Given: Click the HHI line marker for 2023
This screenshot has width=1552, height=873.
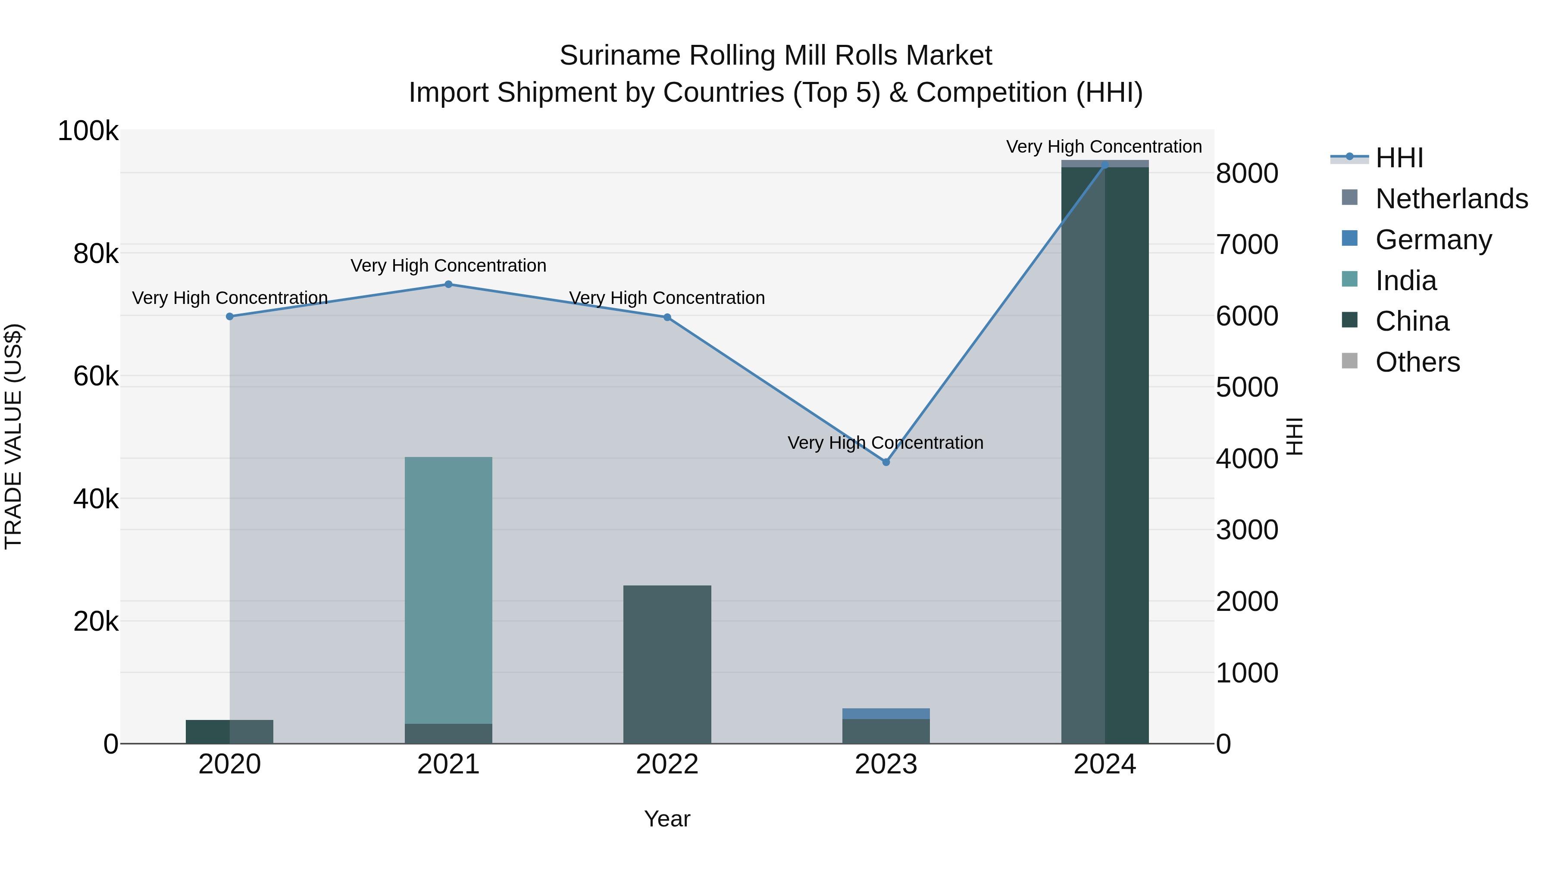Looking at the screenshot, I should click(x=886, y=462).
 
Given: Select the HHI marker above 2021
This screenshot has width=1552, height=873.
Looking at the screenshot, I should click(x=448, y=285).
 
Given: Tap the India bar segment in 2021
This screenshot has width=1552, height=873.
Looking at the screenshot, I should click(x=448, y=591).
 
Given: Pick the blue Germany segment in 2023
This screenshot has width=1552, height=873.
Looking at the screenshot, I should click(x=886, y=713).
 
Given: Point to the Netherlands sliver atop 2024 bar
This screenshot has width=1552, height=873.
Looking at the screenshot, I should click(x=1105, y=163).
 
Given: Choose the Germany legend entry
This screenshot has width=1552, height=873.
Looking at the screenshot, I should click(x=1433, y=240).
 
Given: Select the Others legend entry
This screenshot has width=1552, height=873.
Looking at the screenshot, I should click(x=1417, y=362).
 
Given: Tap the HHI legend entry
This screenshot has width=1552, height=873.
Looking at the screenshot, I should click(x=1399, y=158).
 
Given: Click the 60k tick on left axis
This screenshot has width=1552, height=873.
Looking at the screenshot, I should click(x=96, y=376).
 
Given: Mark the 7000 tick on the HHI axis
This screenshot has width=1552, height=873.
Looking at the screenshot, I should click(x=1246, y=244).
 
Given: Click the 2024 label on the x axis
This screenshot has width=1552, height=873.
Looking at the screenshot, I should click(x=1105, y=764).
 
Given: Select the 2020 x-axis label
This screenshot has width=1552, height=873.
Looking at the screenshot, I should click(x=229, y=764).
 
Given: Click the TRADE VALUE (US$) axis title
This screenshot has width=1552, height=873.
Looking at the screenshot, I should click(x=13, y=436).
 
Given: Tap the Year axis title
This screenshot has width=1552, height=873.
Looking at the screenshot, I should click(x=667, y=819).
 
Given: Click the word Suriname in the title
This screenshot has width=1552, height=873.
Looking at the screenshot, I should click(x=620, y=56).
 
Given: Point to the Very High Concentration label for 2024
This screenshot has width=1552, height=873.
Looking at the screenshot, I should click(x=1104, y=147).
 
